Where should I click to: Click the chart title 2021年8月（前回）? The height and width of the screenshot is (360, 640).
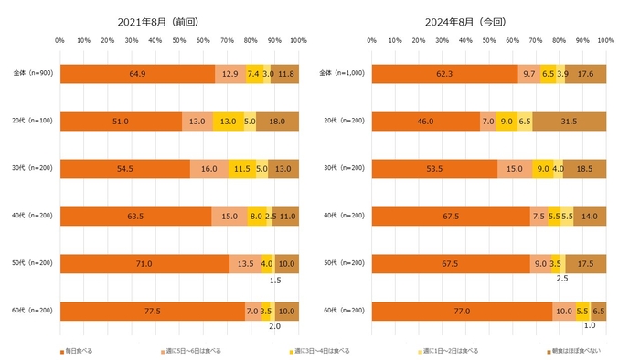tap(173, 20)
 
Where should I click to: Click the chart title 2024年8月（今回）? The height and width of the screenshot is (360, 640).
tap(482, 20)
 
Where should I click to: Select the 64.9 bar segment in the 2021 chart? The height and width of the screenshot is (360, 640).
tap(137, 75)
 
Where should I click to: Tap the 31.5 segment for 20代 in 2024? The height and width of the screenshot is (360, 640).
tap(571, 122)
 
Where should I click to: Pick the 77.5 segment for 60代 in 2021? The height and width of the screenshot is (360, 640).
tap(153, 311)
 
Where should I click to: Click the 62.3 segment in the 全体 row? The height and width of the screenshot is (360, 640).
tap(445, 75)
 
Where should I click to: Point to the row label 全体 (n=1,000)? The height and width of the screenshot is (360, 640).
tap(339, 75)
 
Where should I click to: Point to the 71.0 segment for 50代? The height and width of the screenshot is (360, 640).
tap(144, 263)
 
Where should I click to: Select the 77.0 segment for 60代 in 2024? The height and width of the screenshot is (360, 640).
tap(463, 311)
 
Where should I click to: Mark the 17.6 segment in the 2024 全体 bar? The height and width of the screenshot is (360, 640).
tap(587, 75)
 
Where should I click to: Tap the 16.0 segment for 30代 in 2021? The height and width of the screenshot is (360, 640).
tap(208, 169)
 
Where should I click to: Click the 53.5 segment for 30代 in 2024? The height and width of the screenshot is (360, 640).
tap(435, 169)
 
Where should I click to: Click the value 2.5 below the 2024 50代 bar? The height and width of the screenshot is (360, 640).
tap(562, 279)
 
